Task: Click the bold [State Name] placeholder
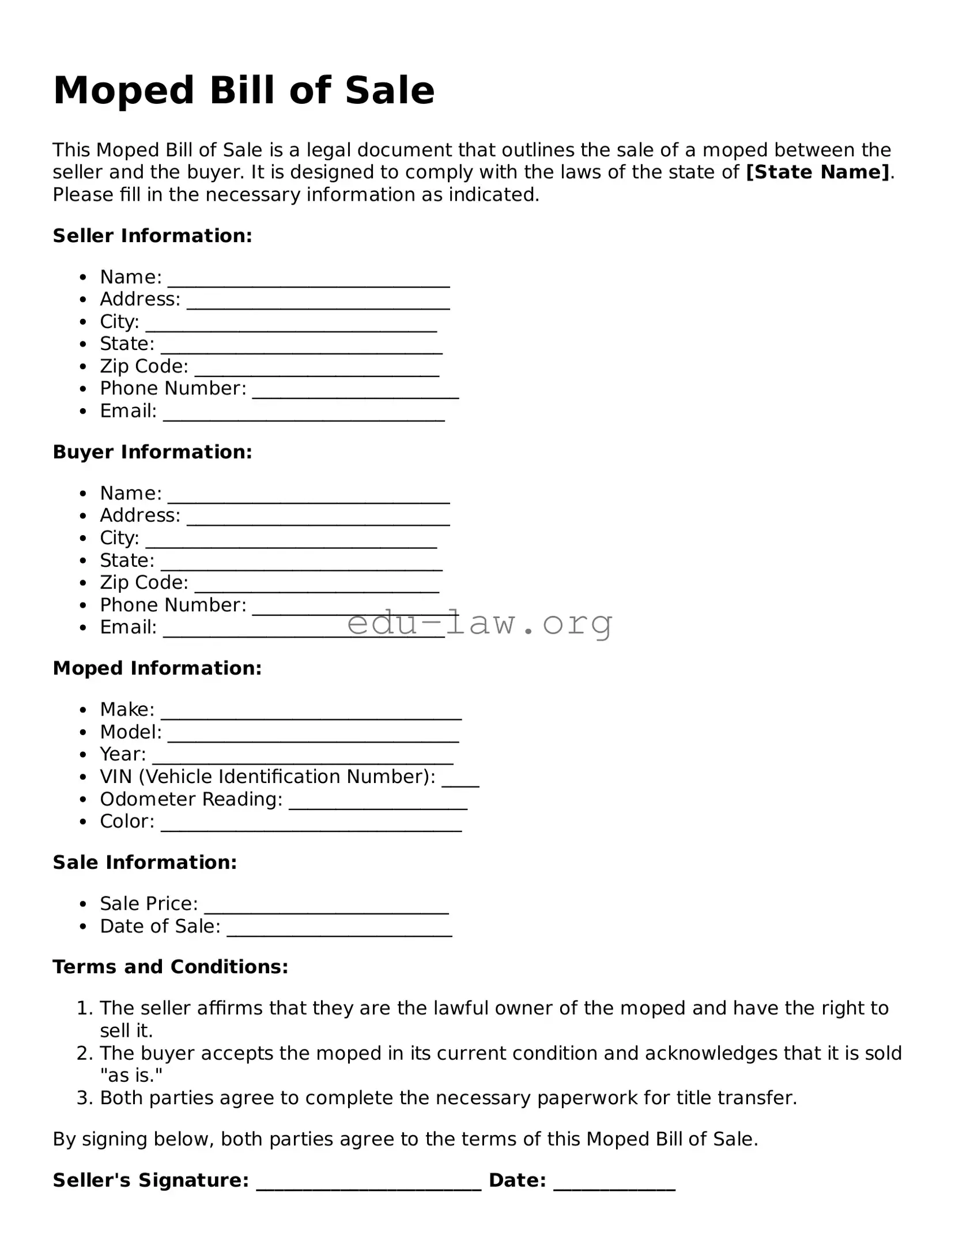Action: tap(818, 172)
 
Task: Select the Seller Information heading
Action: tap(153, 236)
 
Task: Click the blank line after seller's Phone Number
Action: tap(355, 393)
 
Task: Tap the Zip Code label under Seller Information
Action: tap(144, 366)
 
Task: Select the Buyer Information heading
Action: tap(153, 452)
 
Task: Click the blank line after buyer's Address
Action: tap(318, 520)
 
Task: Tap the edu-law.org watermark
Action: tap(479, 623)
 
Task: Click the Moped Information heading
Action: tap(157, 668)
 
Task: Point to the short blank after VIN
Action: tap(460, 782)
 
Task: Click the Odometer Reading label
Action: tap(191, 799)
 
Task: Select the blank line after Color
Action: tap(311, 826)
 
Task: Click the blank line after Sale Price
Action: tap(326, 909)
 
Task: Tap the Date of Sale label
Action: tap(160, 926)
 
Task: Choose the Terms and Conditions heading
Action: tap(171, 967)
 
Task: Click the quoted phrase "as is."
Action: tap(131, 1075)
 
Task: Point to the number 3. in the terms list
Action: tap(85, 1098)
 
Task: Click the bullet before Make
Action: tap(84, 710)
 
